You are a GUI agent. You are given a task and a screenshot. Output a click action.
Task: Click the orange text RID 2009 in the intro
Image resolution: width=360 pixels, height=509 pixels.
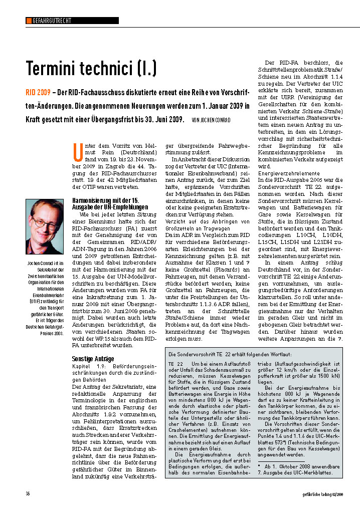coord(38,94)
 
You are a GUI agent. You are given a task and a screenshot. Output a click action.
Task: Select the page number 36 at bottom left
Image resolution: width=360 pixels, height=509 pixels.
coord(28,493)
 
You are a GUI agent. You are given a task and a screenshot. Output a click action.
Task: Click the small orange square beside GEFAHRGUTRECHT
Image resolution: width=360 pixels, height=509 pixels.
coord(29,21)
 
